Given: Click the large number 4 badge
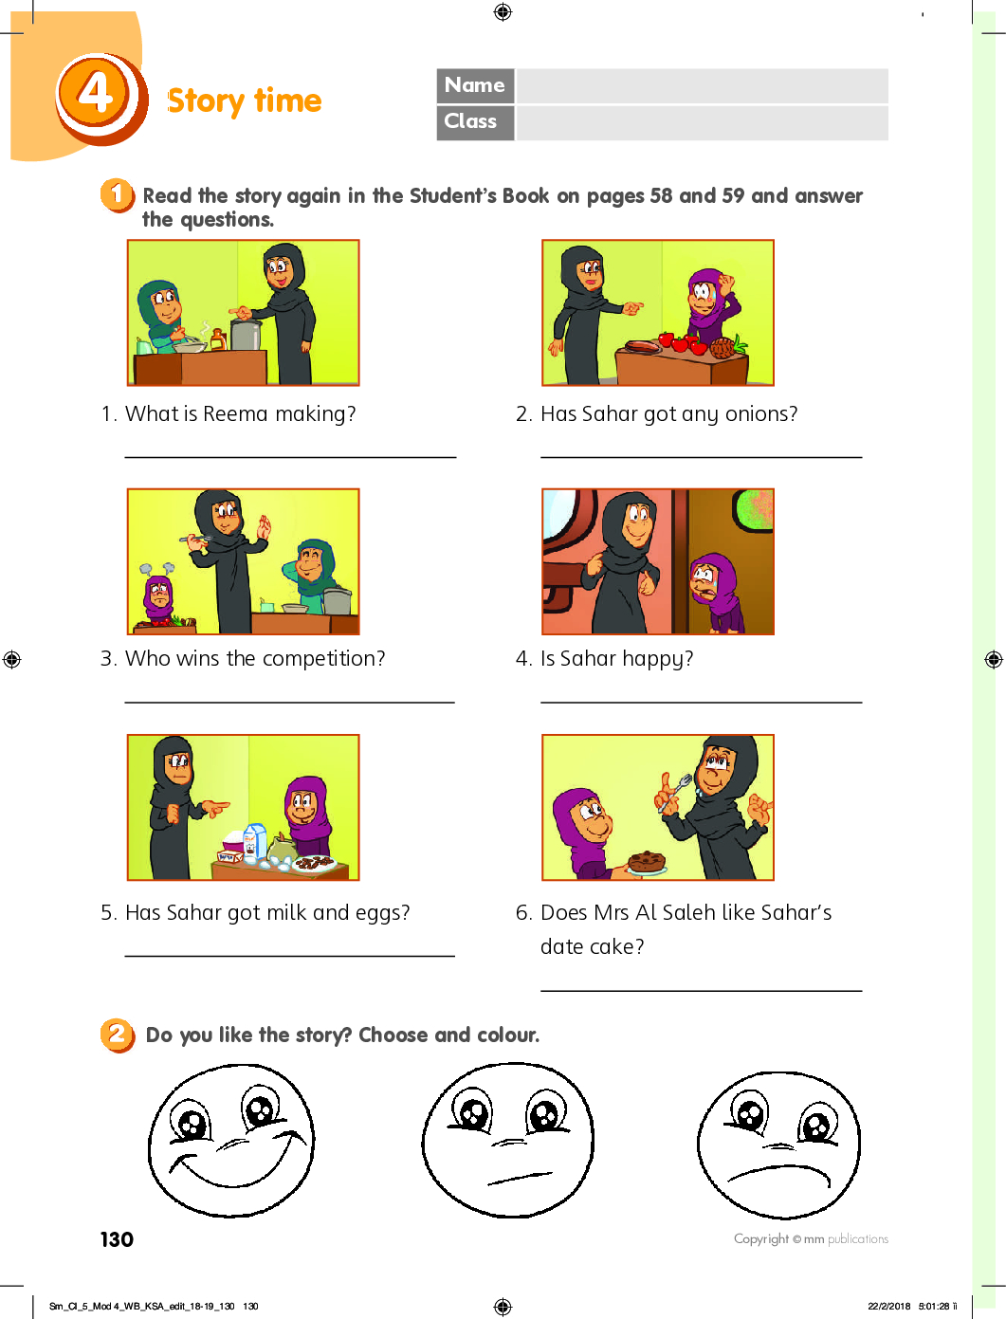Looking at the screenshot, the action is click(101, 98).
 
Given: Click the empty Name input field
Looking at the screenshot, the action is click(702, 86).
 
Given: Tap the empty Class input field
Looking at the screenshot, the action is click(702, 123).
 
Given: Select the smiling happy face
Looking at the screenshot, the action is click(231, 1141).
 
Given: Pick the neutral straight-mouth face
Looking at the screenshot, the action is click(507, 1140).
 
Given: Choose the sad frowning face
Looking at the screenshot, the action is click(779, 1145).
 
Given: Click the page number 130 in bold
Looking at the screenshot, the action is click(117, 1238).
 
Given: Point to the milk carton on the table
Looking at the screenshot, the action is click(254, 841).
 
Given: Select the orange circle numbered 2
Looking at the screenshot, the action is click(118, 1035).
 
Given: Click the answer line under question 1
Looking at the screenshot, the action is click(290, 457).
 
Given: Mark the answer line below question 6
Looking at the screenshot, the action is click(701, 990).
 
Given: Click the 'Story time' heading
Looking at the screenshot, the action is click(245, 101).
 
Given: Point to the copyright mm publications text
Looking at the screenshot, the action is click(811, 1238).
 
